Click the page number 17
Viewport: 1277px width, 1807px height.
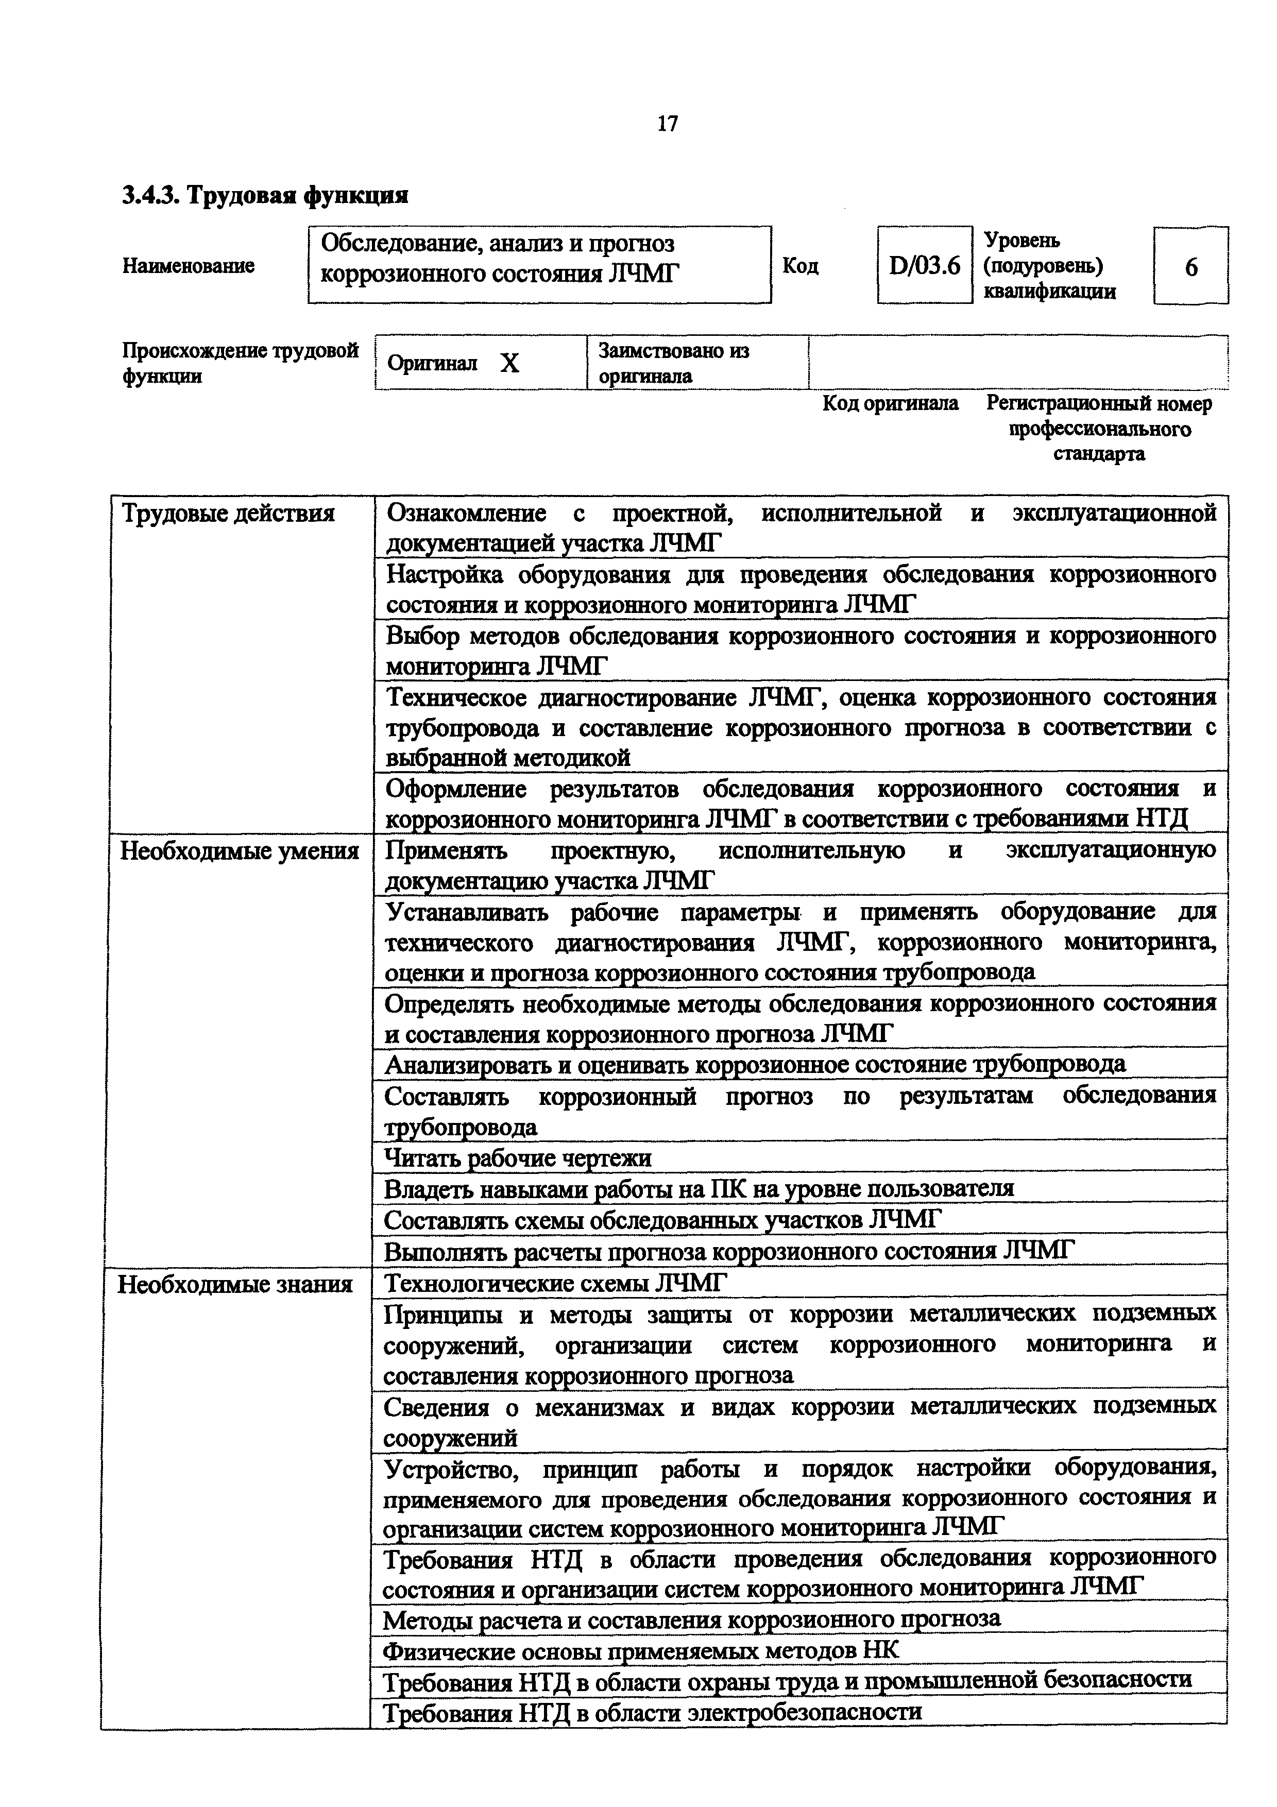point(667,124)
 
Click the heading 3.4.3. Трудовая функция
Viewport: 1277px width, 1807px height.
point(265,194)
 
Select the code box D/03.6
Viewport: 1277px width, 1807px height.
point(925,266)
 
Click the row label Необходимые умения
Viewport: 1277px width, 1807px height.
point(239,851)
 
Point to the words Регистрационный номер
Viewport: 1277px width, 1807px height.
point(1098,404)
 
